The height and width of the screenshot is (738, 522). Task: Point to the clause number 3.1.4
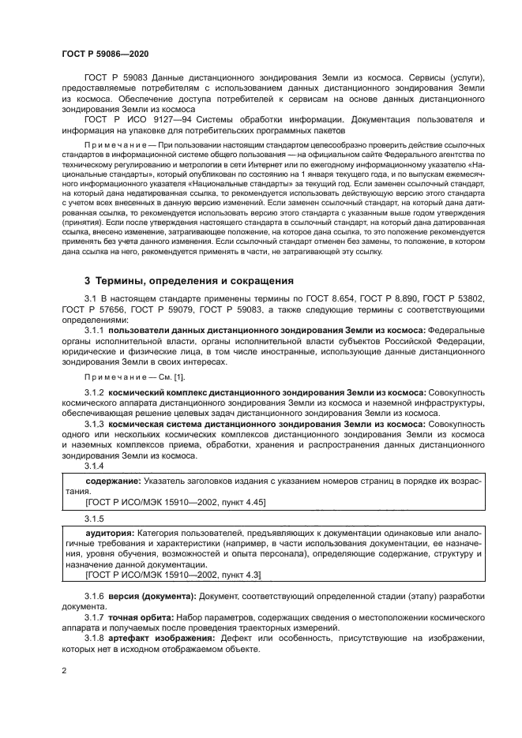coord(94,466)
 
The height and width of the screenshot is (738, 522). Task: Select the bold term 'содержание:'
coord(112,481)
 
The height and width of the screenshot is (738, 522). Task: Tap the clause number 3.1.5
coord(94,519)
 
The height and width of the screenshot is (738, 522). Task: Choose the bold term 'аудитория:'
coord(110,534)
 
